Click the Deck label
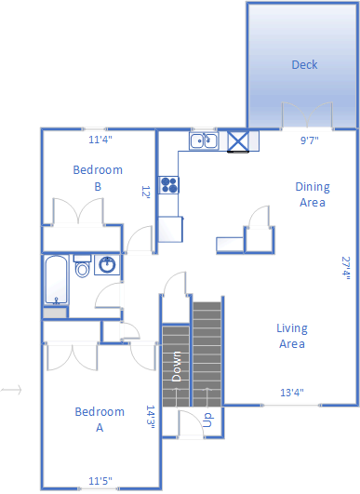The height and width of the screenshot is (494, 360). coord(304,64)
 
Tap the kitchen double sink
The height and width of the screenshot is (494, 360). coord(204,140)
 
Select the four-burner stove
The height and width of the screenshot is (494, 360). coord(168,185)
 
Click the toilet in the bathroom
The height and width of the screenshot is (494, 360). coord(82,266)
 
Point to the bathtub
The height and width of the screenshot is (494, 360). coord(56,280)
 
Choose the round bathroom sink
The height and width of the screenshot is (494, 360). coord(107,265)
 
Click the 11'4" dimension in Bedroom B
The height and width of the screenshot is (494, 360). coord(100,140)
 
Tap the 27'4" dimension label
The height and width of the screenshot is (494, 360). coord(346,269)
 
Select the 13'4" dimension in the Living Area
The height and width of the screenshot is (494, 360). coord(292,393)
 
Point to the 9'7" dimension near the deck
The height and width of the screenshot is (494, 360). coord(309,140)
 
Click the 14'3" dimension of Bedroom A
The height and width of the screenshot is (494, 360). coord(151,417)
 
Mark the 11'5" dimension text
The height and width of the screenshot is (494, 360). coord(100,481)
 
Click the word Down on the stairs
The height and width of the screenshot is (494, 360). coord(177,367)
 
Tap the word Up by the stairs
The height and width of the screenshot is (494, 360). coord(208,420)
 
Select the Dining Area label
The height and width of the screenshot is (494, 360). coord(313,194)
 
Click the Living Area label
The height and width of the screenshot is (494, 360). coord(292,336)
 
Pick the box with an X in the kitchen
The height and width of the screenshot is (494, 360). coord(238,141)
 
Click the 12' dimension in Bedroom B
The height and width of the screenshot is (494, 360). coord(145,192)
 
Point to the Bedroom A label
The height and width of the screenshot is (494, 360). coord(100,420)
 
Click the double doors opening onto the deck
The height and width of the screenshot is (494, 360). coord(307,115)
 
